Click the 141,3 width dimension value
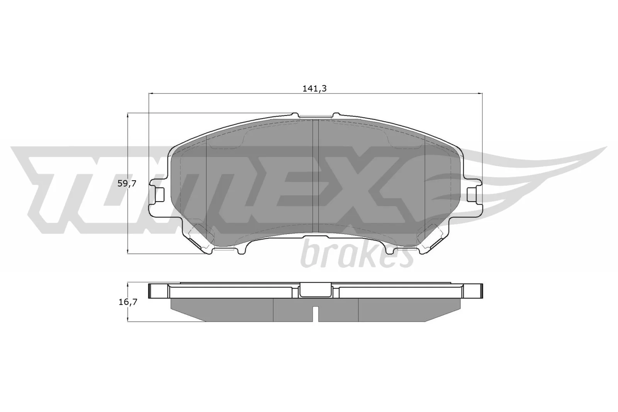tap(315, 88)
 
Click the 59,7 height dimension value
tap(127, 184)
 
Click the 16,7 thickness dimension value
tap(127, 302)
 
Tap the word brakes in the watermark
tap(355, 254)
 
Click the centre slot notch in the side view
tap(316, 314)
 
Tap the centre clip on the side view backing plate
tap(316, 290)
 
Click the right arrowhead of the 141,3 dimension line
tap(480, 93)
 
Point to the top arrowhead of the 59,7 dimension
tap(127, 115)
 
